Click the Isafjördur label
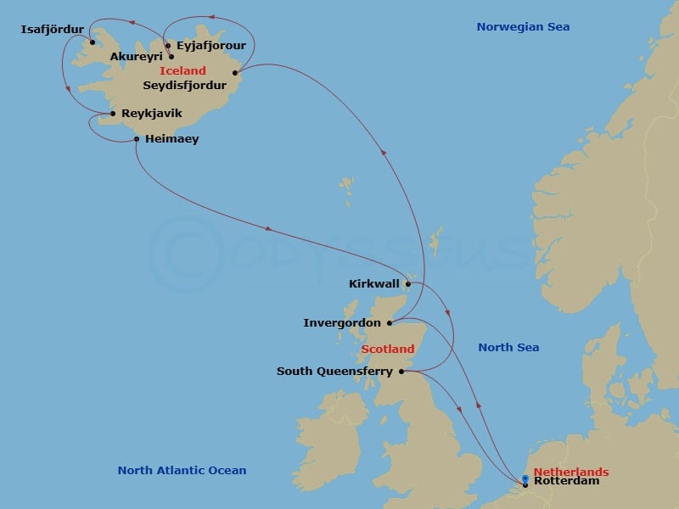click(x=52, y=31)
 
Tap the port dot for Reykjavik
click(x=113, y=114)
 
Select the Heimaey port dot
click(x=137, y=138)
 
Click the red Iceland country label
click(x=182, y=71)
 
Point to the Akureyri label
click(x=137, y=58)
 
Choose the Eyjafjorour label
click(x=210, y=46)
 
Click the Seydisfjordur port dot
click(x=234, y=72)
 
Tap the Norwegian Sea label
click(x=523, y=27)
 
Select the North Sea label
click(x=508, y=347)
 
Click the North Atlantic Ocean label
click(x=182, y=470)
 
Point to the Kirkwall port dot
click(x=407, y=284)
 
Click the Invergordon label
click(x=342, y=323)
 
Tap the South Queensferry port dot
click(x=401, y=371)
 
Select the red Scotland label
click(x=388, y=349)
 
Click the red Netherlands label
click(x=571, y=472)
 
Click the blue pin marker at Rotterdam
click(x=525, y=479)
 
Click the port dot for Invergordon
click(x=390, y=323)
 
